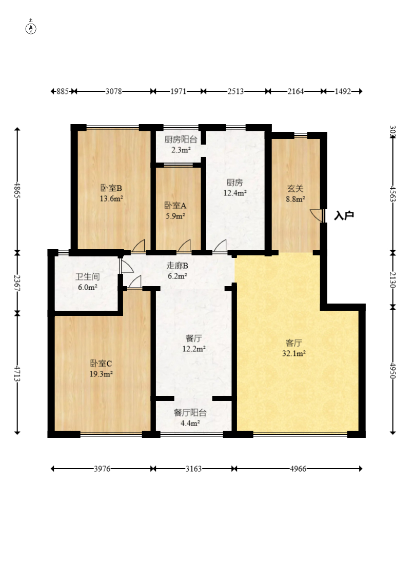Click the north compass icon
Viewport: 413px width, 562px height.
(x=31, y=28)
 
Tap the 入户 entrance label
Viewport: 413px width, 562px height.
(x=344, y=215)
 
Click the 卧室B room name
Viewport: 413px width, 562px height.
(x=111, y=188)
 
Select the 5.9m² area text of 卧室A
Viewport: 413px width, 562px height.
(x=175, y=216)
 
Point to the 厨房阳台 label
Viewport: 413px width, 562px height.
(x=181, y=139)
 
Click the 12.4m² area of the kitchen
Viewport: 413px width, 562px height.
(x=235, y=193)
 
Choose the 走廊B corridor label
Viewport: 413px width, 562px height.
(x=178, y=266)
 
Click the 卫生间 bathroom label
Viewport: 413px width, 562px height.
(x=88, y=277)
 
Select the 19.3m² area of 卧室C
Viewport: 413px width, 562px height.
(x=101, y=374)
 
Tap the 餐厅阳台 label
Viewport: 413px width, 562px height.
(x=190, y=413)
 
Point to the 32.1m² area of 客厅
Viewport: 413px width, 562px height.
(x=293, y=354)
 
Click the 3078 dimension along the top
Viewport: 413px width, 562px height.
(x=114, y=91)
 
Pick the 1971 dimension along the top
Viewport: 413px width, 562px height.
(x=178, y=91)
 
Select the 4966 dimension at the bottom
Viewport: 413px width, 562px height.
(x=298, y=469)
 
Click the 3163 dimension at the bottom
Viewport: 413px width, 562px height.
(x=193, y=469)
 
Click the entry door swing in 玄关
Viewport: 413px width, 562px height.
(x=316, y=215)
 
